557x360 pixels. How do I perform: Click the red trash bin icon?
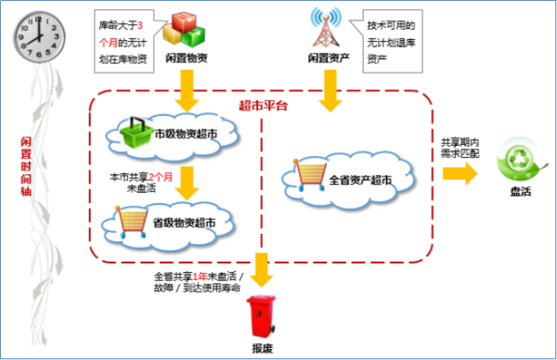coord(263,317)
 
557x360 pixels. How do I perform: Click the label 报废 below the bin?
coord(263,349)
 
